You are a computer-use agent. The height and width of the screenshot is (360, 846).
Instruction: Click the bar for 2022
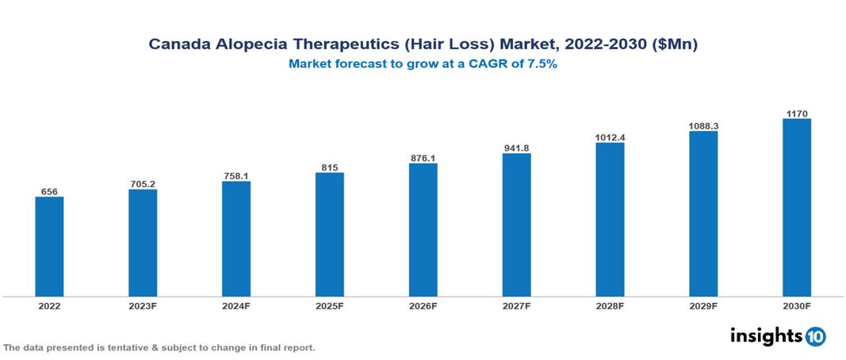tap(49, 247)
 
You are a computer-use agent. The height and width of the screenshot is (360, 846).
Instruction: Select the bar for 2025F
tap(330, 235)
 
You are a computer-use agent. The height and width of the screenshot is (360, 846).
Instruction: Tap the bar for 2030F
tap(797, 208)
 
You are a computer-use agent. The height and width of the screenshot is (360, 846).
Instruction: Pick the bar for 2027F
tap(516, 225)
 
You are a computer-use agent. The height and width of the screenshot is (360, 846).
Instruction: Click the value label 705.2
tap(143, 184)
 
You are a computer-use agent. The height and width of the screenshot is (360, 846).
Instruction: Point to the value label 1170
tap(797, 114)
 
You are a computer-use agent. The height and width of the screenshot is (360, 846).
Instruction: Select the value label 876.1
tap(423, 159)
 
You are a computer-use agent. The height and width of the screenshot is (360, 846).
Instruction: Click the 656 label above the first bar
tap(49, 192)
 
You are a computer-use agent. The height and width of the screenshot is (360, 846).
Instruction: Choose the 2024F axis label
tap(236, 305)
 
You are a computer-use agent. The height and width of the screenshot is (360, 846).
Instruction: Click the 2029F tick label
tap(703, 305)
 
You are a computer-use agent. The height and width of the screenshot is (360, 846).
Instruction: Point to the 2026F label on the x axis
tap(423, 305)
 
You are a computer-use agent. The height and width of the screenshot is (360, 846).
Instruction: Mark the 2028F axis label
tap(610, 305)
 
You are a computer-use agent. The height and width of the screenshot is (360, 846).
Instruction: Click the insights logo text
tap(765, 335)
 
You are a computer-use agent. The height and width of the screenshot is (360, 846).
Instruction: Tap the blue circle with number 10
tap(815, 336)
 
